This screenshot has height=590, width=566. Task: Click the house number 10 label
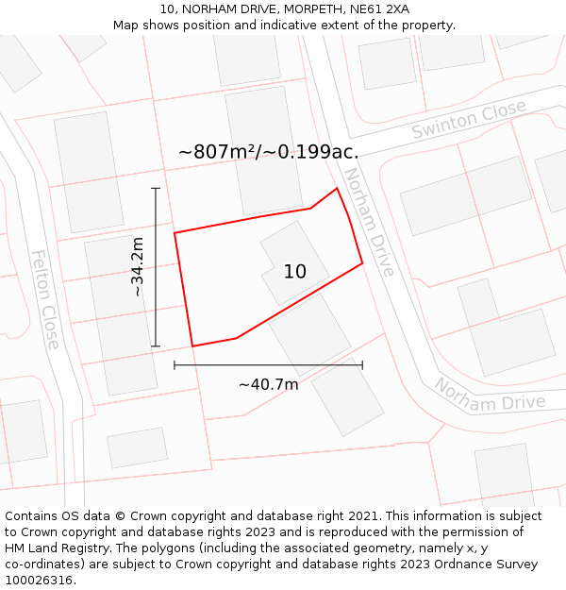[295, 272]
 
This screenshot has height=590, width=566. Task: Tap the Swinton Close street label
[469, 121]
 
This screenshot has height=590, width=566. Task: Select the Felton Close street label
[44, 298]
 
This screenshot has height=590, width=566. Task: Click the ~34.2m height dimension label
[138, 267]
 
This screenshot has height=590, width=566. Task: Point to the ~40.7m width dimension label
[268, 384]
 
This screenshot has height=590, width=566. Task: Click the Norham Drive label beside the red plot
[369, 222]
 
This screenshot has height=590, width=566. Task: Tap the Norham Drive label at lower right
[490, 396]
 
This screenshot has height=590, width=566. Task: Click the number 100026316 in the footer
[36, 580]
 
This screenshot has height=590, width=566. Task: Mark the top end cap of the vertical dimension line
[156, 189]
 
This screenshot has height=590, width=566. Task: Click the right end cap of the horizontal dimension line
[362, 364]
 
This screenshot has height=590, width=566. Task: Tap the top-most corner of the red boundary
[337, 188]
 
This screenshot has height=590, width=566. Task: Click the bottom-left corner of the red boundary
[193, 346]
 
